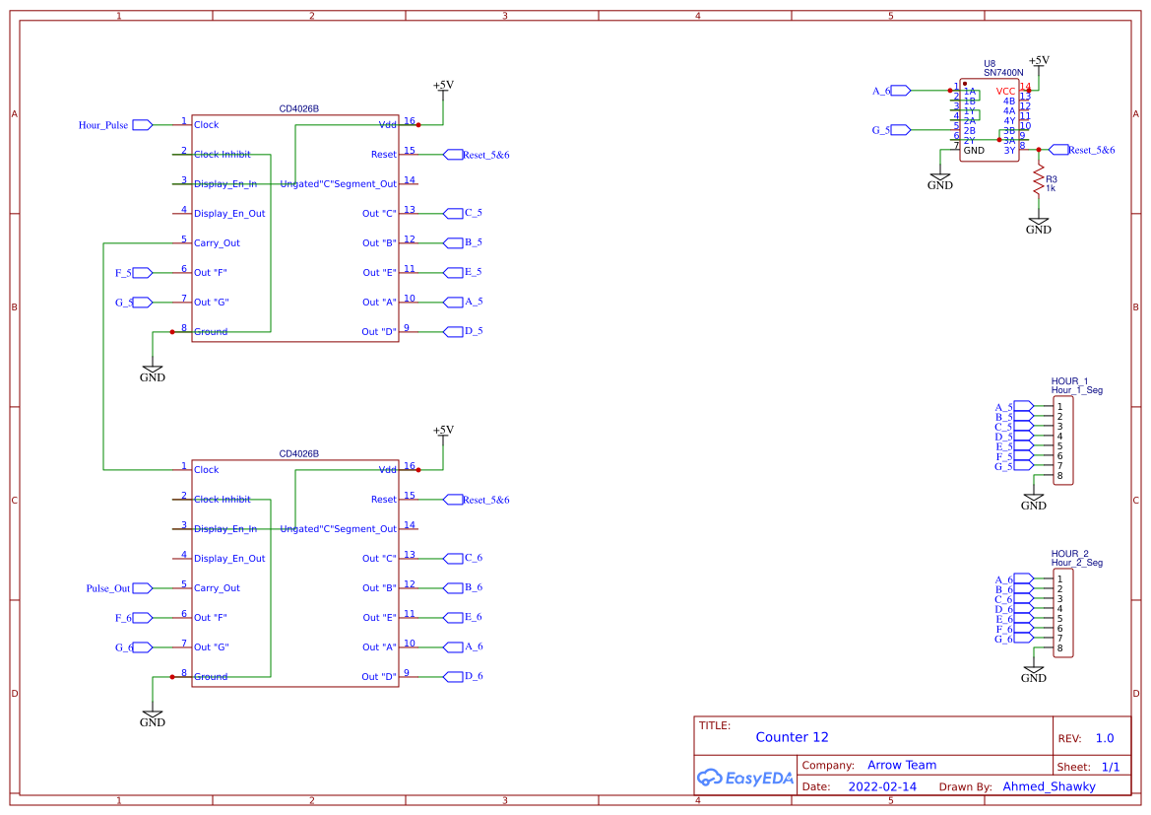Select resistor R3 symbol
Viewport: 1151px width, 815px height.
(1037, 181)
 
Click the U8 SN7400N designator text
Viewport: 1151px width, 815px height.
(1003, 68)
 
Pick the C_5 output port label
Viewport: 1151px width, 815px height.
(473, 213)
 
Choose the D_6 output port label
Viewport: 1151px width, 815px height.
(473, 676)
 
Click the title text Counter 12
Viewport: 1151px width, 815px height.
(792, 737)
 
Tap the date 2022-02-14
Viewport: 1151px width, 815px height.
(882, 786)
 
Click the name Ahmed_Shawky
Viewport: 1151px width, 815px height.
(1049, 786)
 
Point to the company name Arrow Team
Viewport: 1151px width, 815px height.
(902, 765)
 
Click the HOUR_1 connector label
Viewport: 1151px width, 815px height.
(1070, 380)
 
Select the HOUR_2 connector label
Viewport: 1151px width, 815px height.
(1070, 553)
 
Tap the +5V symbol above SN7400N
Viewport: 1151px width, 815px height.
(1038, 61)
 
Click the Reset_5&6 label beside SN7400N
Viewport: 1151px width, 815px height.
(1091, 150)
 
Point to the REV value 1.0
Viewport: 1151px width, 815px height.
(1105, 738)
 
